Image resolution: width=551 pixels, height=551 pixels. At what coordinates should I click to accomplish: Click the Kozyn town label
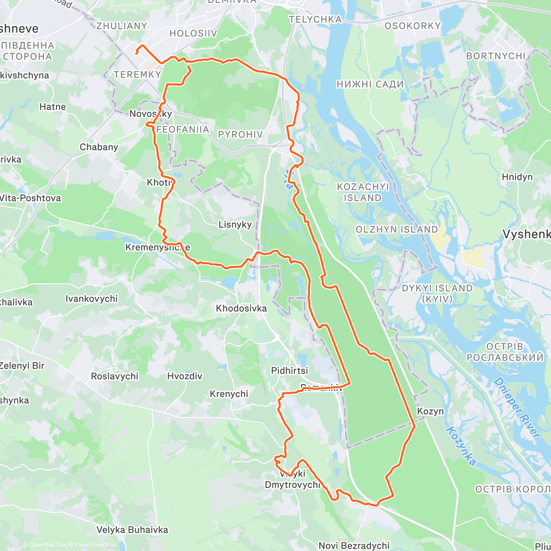click(x=430, y=411)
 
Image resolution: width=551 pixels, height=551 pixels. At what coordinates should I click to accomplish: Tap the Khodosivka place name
click(x=241, y=308)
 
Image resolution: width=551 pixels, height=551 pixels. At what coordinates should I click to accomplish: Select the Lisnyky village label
click(x=235, y=225)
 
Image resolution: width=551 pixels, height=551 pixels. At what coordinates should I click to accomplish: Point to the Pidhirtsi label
click(x=289, y=371)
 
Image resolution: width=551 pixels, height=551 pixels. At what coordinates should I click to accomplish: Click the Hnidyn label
click(x=517, y=177)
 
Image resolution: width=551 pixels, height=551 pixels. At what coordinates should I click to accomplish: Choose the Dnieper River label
click(x=517, y=407)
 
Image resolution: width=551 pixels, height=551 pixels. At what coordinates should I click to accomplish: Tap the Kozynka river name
click(x=461, y=446)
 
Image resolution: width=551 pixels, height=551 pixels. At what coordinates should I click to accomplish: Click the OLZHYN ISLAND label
click(x=397, y=229)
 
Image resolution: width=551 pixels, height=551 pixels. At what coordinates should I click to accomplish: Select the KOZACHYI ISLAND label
click(x=363, y=192)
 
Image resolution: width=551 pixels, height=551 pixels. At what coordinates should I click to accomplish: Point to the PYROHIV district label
click(x=240, y=134)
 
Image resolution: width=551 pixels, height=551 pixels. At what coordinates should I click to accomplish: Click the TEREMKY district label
click(x=137, y=74)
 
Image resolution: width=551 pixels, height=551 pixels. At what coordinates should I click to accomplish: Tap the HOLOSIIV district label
click(x=193, y=33)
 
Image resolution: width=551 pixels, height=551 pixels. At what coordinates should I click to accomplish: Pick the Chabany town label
click(x=99, y=147)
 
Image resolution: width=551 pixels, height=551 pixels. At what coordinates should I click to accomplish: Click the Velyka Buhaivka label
click(x=132, y=529)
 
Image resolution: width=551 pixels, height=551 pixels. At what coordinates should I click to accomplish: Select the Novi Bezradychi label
click(x=354, y=545)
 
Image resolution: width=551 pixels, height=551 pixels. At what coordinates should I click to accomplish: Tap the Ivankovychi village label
click(x=91, y=298)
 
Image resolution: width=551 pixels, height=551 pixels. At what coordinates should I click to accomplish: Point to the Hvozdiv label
click(x=184, y=376)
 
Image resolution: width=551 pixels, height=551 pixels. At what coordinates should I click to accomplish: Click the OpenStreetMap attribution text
click(x=96, y=545)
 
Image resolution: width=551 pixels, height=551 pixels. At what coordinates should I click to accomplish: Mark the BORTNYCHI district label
click(x=495, y=56)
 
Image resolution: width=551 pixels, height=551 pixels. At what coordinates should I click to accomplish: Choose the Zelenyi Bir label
click(x=22, y=365)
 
